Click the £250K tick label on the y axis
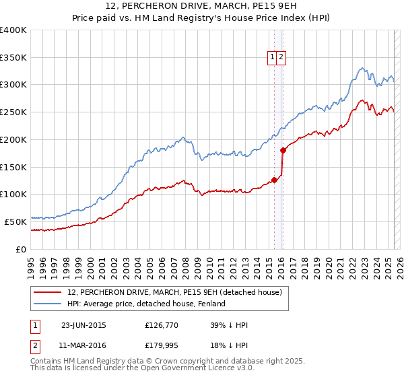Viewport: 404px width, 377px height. [x=13, y=112]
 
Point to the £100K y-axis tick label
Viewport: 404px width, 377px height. [x=13, y=194]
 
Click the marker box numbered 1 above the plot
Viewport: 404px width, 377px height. [x=273, y=58]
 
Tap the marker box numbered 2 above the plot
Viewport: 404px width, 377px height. [x=281, y=58]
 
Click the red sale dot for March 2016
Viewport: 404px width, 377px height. [x=283, y=151]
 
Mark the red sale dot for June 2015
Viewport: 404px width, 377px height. [x=274, y=180]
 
